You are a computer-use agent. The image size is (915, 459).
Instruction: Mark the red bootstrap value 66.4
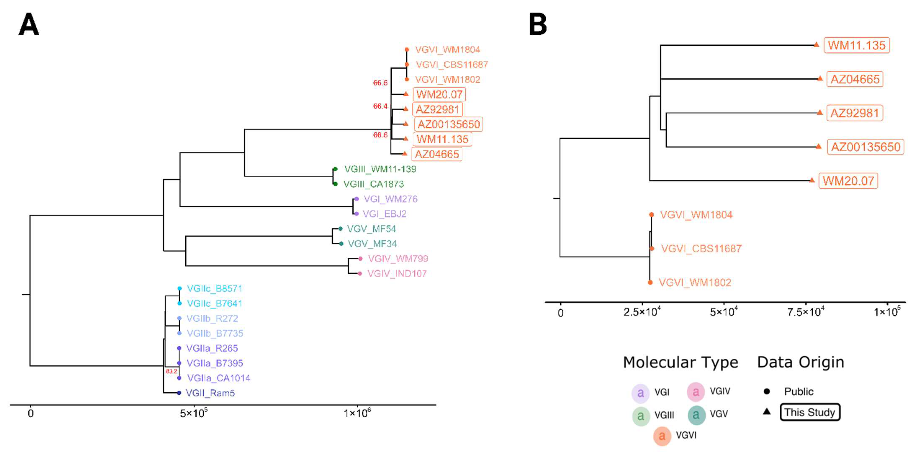(380, 106)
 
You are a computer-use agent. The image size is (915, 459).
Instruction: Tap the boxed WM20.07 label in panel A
(439, 94)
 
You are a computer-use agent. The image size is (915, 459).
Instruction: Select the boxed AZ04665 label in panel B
(855, 79)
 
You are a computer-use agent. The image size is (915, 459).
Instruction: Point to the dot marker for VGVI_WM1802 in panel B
(650, 283)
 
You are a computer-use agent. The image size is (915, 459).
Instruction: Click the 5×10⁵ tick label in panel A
(194, 413)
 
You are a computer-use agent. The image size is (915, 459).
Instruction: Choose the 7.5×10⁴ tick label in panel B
(805, 312)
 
